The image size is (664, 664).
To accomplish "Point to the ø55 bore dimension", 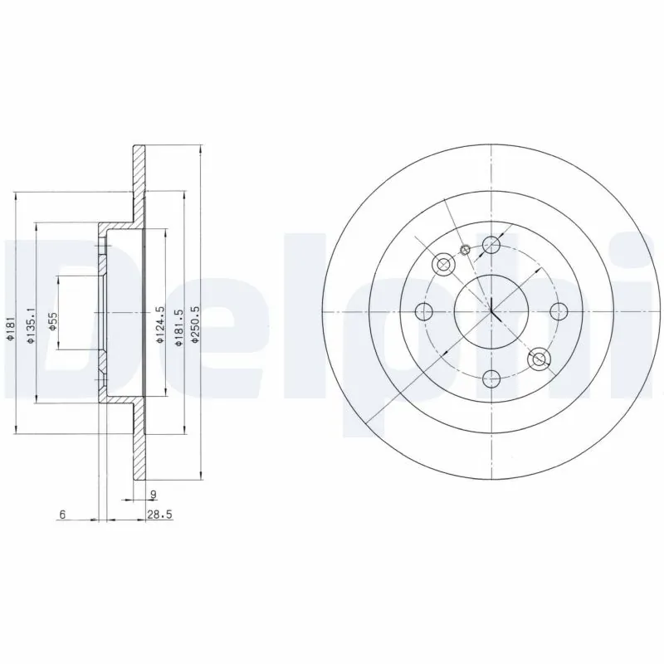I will (51, 321).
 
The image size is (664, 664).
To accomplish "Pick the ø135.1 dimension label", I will (30, 325).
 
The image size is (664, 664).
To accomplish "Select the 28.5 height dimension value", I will (159, 515).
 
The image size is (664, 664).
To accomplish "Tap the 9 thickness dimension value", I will (153, 496).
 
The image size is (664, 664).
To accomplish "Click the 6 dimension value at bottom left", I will (62, 515).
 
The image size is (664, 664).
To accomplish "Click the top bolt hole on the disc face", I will (491, 245).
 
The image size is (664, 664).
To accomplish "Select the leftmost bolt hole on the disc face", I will (425, 312).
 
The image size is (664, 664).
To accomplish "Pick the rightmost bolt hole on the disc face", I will (559, 312).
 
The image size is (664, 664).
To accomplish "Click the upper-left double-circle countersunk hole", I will (443, 265).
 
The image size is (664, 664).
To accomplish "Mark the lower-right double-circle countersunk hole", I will (539, 359).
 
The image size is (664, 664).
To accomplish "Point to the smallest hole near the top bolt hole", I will (466, 249).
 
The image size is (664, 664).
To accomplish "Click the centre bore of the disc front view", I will (491, 312).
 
